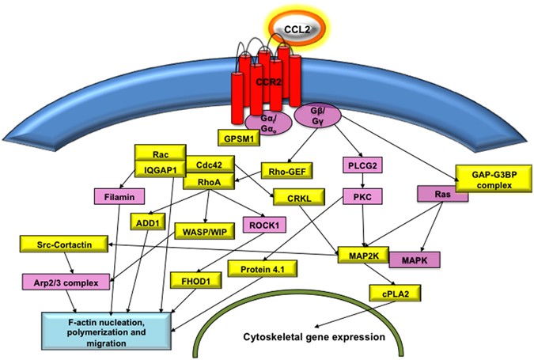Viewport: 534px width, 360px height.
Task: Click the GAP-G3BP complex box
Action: pyautogui.click(x=488, y=178)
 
